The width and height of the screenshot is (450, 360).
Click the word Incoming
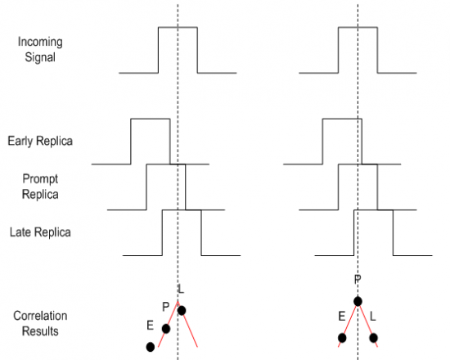(x=40, y=42)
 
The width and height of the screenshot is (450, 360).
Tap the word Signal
(x=40, y=56)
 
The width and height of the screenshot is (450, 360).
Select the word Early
(x=20, y=141)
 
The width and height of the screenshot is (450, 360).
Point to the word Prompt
(x=40, y=179)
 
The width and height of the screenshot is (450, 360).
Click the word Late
(x=20, y=232)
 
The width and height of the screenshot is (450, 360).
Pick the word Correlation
(x=40, y=316)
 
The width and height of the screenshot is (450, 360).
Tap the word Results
(x=40, y=331)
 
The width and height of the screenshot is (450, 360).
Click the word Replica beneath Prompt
(x=40, y=195)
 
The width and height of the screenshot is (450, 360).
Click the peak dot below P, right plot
(x=358, y=301)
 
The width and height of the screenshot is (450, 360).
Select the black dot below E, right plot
(x=342, y=338)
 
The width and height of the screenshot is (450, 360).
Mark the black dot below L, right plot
(x=373, y=338)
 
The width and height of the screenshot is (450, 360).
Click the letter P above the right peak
(x=358, y=279)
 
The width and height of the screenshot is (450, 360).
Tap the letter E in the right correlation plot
(x=341, y=316)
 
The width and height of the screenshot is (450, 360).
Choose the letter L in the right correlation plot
(x=372, y=316)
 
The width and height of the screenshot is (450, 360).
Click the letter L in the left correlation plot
(x=181, y=289)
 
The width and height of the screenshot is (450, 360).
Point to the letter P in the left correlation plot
(x=165, y=307)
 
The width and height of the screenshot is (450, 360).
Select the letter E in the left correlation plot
(x=150, y=326)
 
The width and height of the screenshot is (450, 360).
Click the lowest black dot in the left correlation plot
(x=151, y=347)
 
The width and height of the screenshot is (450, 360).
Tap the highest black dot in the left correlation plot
(x=182, y=310)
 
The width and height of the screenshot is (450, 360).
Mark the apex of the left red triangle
(x=178, y=301)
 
